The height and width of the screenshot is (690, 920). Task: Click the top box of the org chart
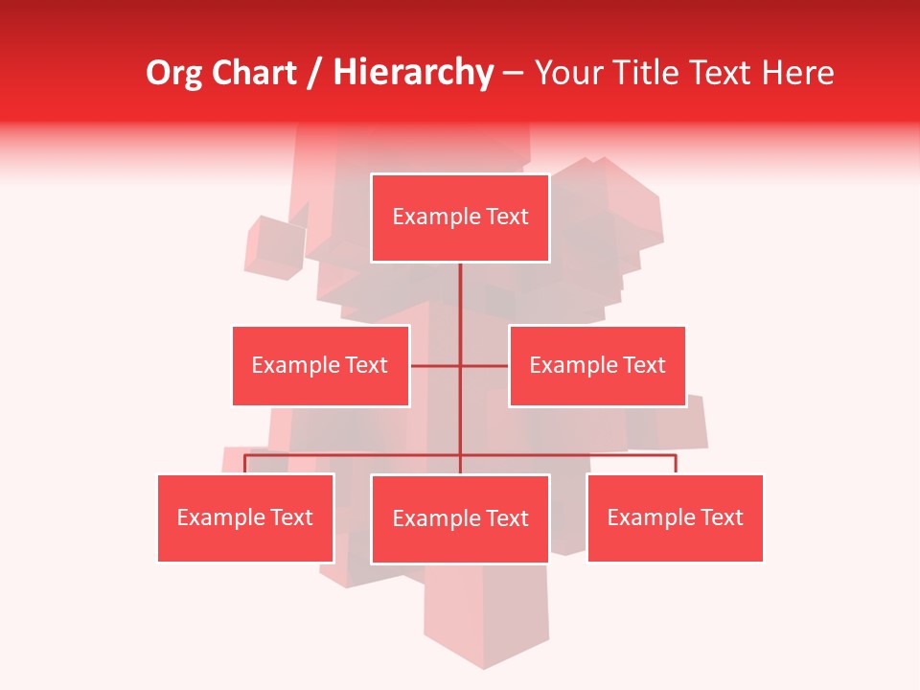[x=460, y=218]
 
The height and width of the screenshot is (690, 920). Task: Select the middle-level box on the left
[x=320, y=365]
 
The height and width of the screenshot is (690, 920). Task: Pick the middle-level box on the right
[x=597, y=365]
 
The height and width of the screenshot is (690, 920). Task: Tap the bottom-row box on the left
[x=245, y=517]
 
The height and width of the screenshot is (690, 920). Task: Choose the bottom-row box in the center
[x=460, y=518]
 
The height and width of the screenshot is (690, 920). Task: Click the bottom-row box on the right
[x=676, y=517]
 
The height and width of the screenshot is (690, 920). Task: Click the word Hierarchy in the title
[x=413, y=73]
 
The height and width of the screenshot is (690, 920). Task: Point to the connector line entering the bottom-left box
[x=245, y=464]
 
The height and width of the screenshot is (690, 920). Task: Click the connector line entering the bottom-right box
[x=676, y=464]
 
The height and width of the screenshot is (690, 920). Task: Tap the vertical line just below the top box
[x=460, y=287]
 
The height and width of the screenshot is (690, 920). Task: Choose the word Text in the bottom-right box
[x=722, y=517]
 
